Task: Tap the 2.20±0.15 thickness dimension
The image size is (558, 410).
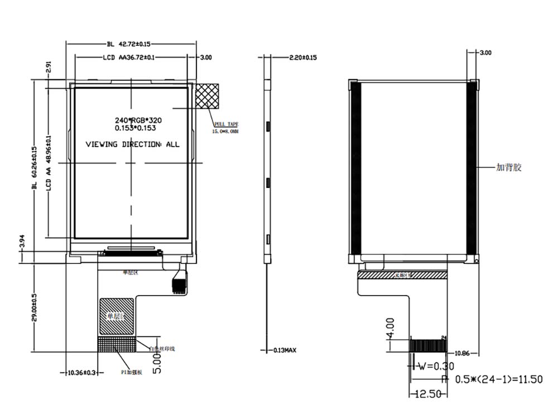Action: click(303, 57)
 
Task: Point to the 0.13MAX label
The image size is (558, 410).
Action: click(284, 350)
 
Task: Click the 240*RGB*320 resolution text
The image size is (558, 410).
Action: click(138, 120)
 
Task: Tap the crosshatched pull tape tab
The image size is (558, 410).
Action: click(208, 96)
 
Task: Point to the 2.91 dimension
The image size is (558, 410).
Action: click(49, 67)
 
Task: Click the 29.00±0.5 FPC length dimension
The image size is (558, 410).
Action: click(34, 307)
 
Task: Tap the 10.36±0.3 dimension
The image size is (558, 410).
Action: click(81, 372)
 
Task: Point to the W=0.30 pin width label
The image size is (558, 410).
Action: click(436, 366)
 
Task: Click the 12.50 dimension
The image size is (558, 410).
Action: click(427, 394)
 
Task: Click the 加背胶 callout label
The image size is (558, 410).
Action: click(509, 167)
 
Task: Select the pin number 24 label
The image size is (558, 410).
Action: click(444, 337)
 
